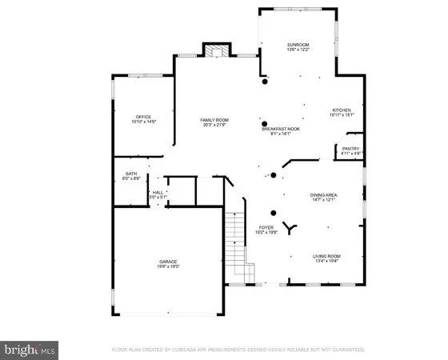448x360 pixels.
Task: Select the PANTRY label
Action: tap(350, 148)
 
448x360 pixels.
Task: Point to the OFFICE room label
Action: tap(144, 116)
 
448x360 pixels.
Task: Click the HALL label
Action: tap(158, 192)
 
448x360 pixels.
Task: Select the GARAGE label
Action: tap(168, 262)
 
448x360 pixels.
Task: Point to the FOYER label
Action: tap(266, 227)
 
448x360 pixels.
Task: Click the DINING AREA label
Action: tap(326, 194)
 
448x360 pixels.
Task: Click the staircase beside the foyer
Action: tap(234, 240)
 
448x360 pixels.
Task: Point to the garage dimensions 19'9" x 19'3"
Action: tap(168, 267)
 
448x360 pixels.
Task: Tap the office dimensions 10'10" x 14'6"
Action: tap(144, 122)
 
